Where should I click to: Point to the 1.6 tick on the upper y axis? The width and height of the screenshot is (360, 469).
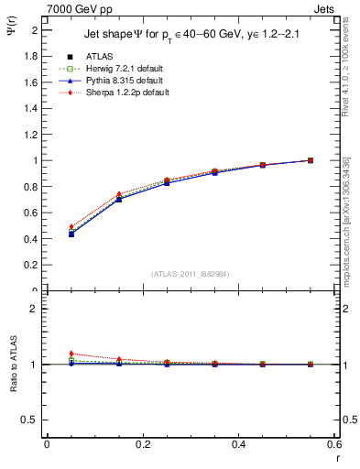coord(30,82)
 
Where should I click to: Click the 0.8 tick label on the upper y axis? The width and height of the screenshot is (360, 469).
coord(30,187)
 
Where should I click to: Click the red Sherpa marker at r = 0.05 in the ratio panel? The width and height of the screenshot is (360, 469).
coord(71,354)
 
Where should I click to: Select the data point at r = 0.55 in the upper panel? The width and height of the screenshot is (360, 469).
coord(311,160)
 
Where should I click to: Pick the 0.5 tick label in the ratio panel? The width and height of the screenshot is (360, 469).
coord(30,420)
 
